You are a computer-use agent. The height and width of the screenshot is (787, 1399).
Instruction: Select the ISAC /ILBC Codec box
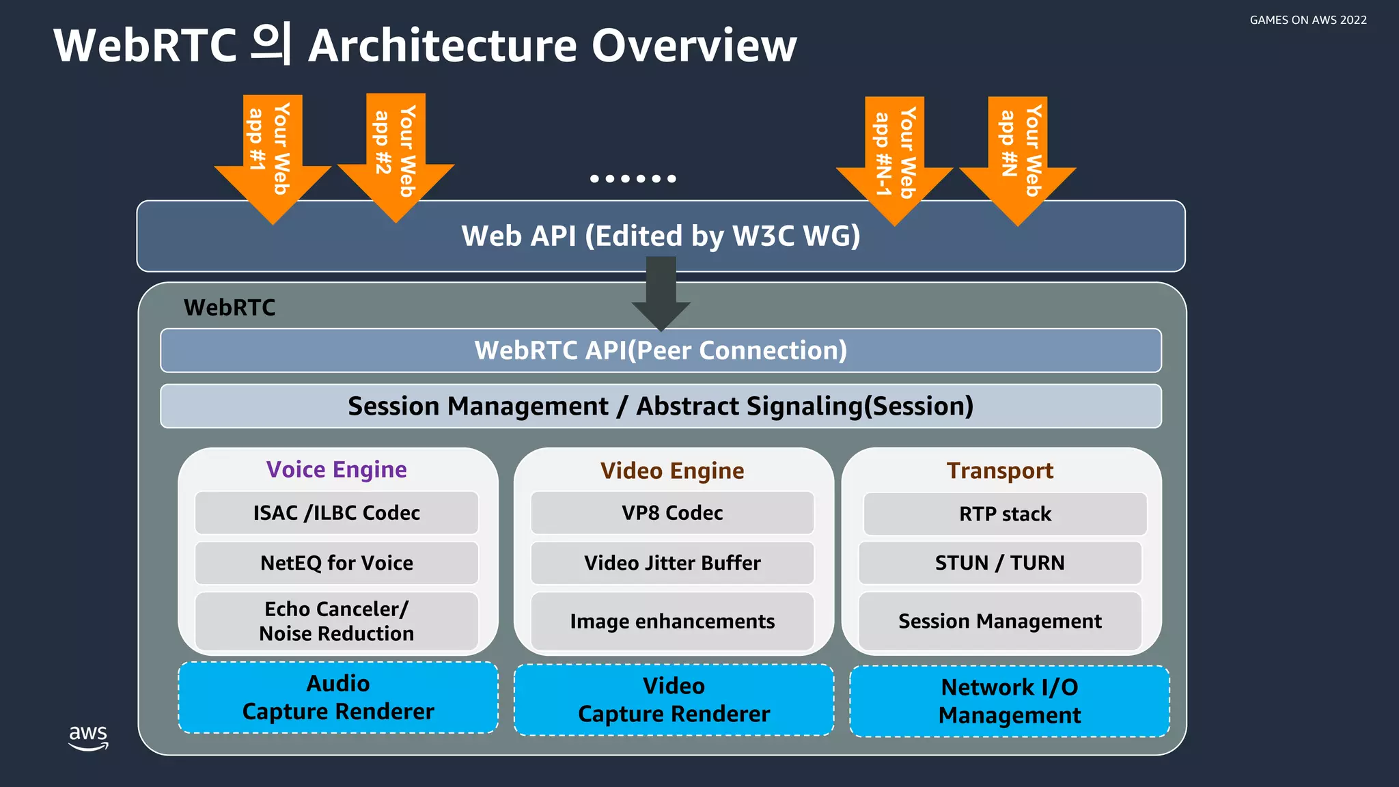coord(336,513)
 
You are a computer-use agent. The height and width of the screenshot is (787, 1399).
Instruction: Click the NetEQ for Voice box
coord(336,563)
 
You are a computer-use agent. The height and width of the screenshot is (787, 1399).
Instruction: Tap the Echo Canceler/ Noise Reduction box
coord(336,621)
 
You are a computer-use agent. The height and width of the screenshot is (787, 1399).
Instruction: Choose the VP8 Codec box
coord(672,513)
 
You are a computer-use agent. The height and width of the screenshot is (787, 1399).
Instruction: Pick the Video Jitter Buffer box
coord(672,563)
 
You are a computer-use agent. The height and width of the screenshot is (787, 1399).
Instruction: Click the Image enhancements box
coord(672,621)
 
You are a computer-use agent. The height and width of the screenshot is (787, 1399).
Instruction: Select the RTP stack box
coord(1005,514)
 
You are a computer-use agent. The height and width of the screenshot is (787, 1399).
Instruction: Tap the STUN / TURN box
coord(999,563)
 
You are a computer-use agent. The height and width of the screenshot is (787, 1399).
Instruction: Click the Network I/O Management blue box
coord(1009,701)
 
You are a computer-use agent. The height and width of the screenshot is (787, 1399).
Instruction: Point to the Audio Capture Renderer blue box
coord(338,698)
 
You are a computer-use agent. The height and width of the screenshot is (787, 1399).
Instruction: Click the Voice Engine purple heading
coord(336,470)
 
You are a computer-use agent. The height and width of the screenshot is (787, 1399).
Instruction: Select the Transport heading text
coord(999,471)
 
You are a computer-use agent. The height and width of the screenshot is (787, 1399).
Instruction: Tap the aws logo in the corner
coord(88,737)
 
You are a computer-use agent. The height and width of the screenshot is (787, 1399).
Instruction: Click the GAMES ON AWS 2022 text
coord(1307,20)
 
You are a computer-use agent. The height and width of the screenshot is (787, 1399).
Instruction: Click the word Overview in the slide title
coord(693,46)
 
